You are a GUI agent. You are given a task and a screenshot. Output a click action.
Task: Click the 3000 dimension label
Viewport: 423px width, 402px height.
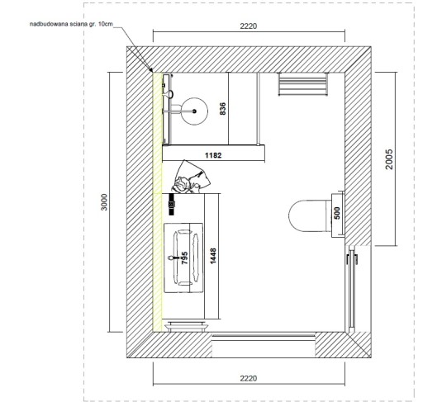104,202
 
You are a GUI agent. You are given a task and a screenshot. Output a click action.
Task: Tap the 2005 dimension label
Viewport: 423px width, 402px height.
389,159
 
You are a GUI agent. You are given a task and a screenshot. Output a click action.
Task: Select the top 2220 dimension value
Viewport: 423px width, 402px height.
249,26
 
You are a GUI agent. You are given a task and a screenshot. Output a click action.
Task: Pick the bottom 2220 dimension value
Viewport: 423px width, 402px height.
249,378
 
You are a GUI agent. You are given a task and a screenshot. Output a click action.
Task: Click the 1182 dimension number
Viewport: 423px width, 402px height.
213,155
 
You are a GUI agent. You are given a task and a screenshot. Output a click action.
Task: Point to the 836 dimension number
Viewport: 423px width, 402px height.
222,109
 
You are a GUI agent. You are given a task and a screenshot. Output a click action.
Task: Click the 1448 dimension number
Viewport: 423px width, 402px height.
213,256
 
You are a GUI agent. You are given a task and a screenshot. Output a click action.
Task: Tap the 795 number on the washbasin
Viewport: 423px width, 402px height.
185,258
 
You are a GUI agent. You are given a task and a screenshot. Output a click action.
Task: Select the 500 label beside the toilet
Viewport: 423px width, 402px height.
337,213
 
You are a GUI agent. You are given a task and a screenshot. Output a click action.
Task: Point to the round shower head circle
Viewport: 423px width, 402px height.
194,111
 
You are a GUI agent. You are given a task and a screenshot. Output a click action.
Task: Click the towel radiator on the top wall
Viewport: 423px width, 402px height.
303,84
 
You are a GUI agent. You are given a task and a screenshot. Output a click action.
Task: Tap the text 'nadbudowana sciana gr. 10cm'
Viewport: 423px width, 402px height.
71,24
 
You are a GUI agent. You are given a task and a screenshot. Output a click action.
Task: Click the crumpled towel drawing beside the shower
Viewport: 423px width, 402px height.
191,177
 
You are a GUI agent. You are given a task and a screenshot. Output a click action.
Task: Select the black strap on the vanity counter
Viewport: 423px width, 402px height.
172,204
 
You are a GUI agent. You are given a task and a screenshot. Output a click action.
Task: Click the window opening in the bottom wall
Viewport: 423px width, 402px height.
264,344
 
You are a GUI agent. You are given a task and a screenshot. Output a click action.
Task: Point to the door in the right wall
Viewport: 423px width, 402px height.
352,289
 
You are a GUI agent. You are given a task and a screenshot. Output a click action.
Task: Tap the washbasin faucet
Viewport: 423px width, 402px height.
173,258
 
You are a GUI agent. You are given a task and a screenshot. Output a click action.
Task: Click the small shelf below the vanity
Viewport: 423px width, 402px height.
187,326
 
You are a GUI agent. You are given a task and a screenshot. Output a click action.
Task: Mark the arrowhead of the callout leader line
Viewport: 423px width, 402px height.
151,71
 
